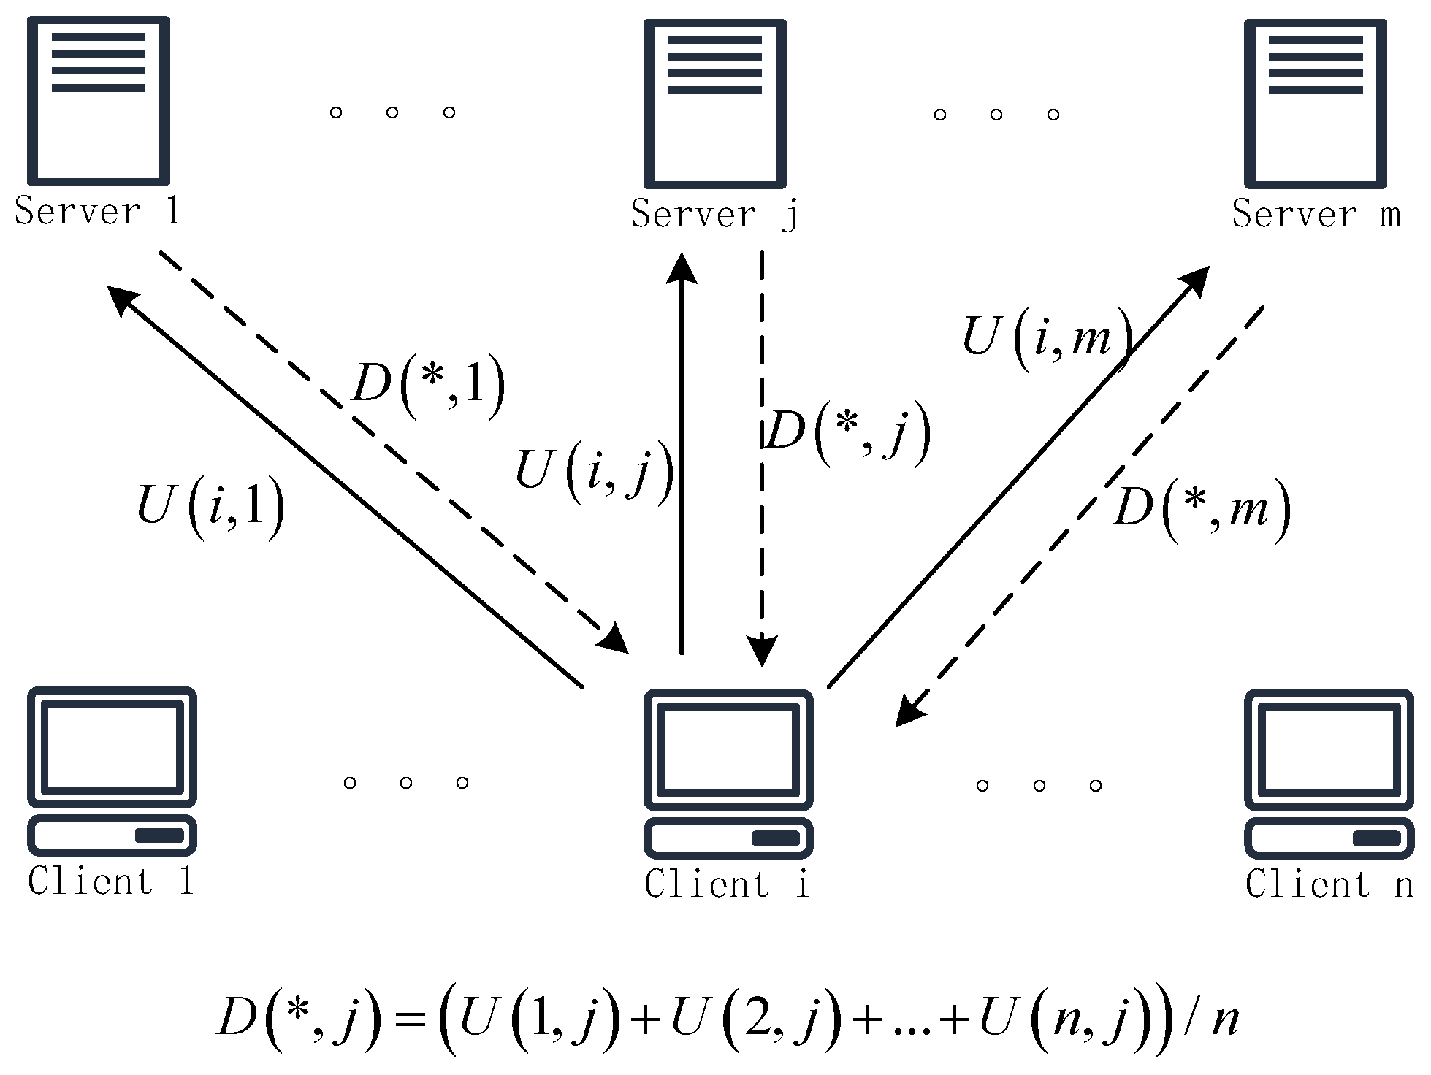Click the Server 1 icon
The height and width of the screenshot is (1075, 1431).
(x=99, y=102)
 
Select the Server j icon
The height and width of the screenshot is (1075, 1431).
(x=714, y=103)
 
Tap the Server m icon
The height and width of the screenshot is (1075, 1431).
(x=1316, y=103)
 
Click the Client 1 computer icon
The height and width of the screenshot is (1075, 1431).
(x=112, y=771)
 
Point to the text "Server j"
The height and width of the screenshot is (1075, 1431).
(x=714, y=215)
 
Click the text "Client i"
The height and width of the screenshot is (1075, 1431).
(x=728, y=884)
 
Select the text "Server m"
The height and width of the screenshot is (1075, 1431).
(x=1316, y=215)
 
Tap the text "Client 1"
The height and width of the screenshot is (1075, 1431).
(x=111, y=881)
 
